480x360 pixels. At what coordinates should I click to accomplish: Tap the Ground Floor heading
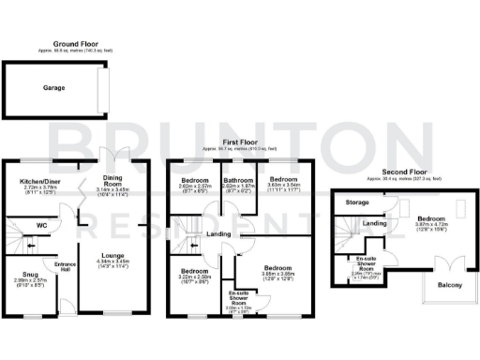tap(77, 43)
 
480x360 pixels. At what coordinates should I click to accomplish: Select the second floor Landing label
tap(375, 223)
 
